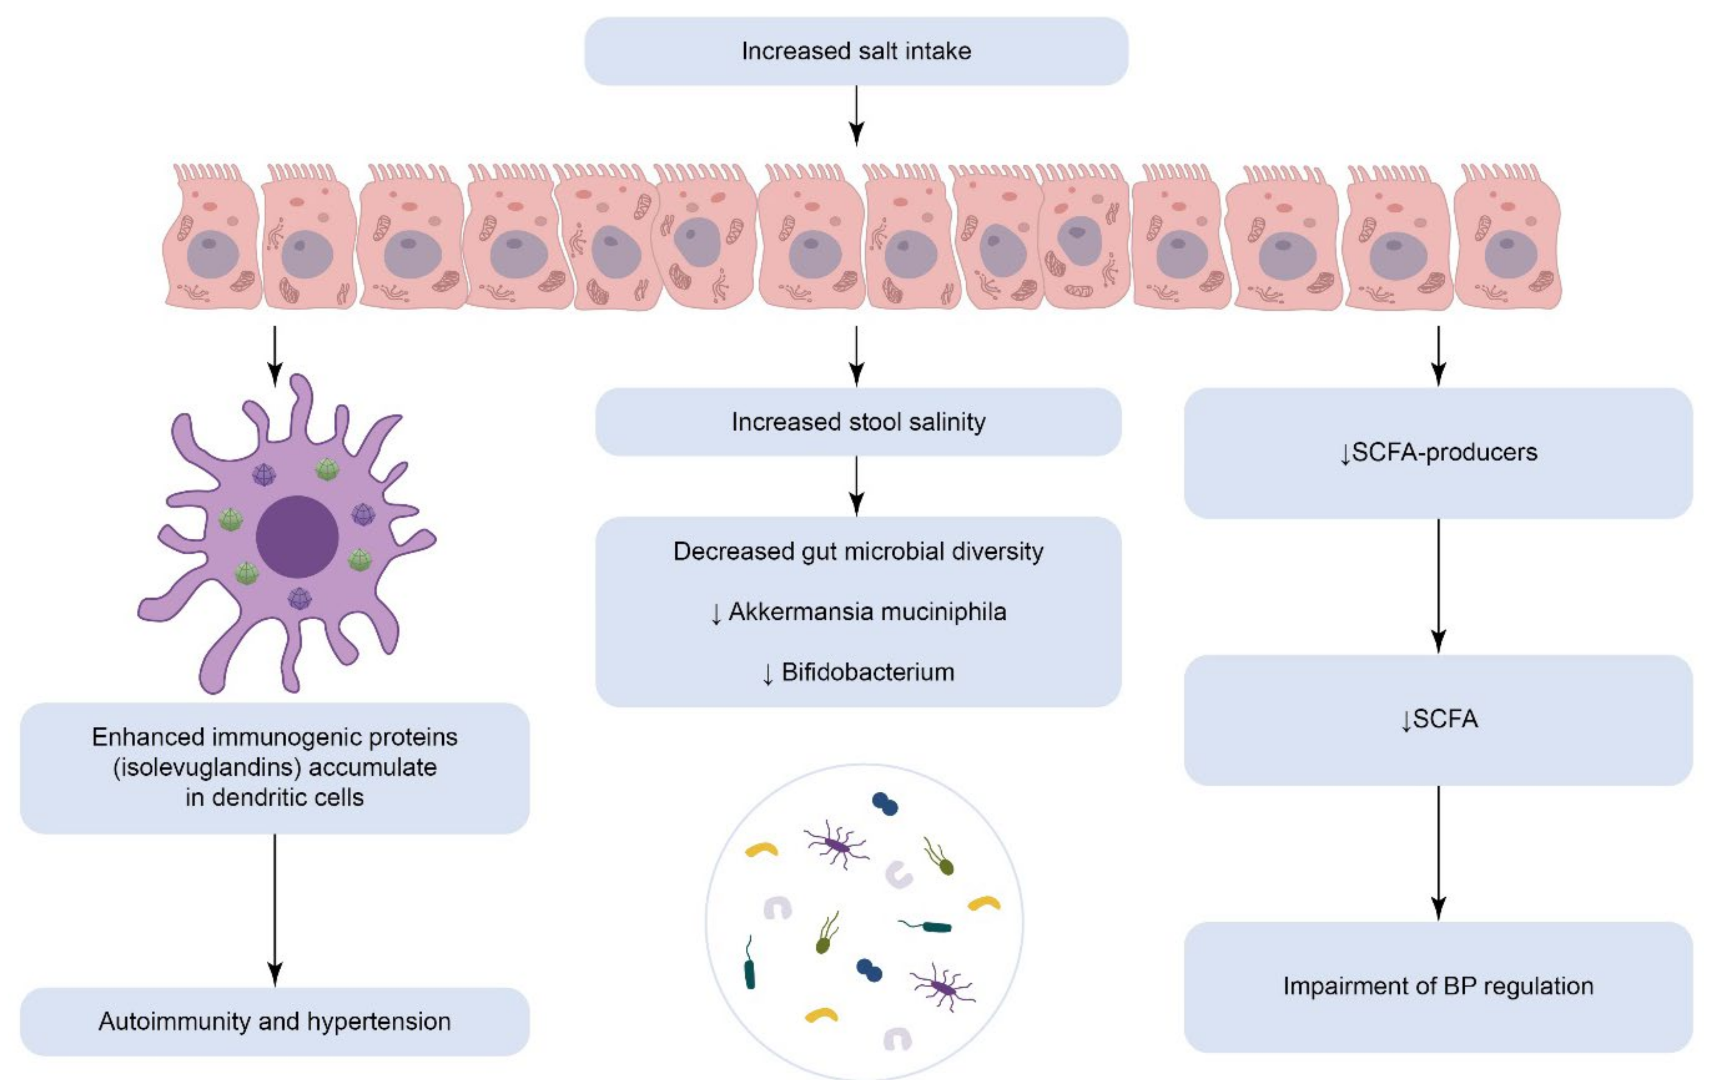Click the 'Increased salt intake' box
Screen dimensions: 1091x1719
tap(856, 51)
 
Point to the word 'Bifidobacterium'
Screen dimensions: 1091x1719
tap(868, 672)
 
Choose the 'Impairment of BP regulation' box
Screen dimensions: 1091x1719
tap(1438, 986)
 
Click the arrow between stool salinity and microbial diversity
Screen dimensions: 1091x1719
tap(857, 486)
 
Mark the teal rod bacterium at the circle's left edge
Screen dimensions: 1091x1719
tap(749, 967)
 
